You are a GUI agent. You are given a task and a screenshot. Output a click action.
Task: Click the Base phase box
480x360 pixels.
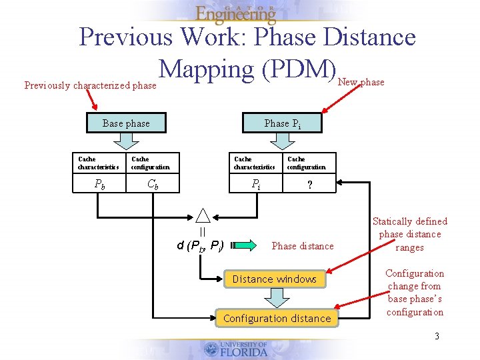pos(127,123)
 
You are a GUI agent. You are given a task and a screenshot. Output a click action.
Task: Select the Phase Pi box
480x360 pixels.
pos(281,123)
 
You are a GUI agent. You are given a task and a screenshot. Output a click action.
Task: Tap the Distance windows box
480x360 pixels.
pos(275,279)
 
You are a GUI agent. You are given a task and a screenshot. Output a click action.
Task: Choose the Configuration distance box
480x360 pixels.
pos(277,319)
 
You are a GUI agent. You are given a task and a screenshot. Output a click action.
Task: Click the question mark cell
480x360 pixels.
pos(309,185)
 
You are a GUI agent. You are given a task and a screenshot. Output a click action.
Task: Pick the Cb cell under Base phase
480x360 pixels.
pos(153,184)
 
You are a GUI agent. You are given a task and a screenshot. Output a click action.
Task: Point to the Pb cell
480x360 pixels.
pos(99,184)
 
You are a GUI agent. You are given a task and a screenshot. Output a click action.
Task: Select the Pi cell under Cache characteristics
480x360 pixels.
pos(255,184)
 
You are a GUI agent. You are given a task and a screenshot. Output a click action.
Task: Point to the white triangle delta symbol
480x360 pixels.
pos(203,215)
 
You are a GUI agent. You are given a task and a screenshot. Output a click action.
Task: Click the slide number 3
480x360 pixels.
pos(437,336)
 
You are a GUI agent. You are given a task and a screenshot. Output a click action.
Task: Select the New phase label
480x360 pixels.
pos(361,82)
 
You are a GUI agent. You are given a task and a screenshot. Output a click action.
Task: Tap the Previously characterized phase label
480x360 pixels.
pos(90,85)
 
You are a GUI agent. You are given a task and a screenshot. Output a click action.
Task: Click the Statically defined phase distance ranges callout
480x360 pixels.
pos(409,234)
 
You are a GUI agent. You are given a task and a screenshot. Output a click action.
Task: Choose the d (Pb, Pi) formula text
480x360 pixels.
pos(200,245)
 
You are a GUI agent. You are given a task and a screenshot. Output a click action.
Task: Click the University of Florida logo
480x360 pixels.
pos(237,349)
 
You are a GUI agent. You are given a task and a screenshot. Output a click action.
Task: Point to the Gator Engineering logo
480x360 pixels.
pos(236,13)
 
